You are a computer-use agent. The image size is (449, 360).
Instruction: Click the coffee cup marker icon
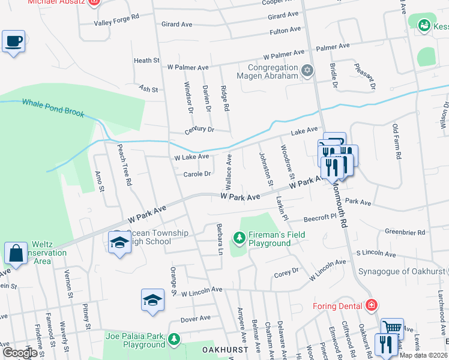13,41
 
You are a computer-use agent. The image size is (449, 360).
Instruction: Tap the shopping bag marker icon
16,253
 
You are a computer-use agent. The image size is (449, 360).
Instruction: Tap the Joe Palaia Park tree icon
174,340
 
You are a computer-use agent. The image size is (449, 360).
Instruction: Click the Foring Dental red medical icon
372,305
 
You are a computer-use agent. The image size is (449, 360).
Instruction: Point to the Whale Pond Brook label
53,108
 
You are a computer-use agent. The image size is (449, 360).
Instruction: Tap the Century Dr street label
200,130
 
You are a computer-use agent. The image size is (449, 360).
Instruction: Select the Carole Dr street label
197,174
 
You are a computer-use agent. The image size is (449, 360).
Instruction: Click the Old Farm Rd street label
397,142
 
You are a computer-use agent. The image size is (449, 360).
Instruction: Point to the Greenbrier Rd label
405,232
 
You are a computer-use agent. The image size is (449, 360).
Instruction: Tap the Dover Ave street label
196,318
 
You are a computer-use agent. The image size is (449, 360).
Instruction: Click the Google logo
20,353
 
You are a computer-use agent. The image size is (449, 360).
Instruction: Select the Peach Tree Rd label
124,164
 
